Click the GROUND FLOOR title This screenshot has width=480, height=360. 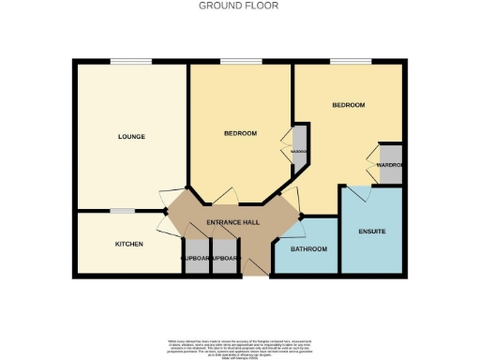(x=239, y=6)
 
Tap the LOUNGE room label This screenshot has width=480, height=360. (x=131, y=137)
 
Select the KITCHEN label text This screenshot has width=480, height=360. (x=128, y=244)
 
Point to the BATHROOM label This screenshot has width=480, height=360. (x=308, y=248)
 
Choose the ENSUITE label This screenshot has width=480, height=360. (x=372, y=231)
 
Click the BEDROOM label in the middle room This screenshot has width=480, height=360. (x=240, y=133)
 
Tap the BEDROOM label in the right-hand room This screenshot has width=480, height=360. (x=348, y=105)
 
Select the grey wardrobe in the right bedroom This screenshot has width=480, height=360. (x=390, y=165)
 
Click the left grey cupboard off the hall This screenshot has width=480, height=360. (x=196, y=259)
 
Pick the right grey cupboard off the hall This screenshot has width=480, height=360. (x=226, y=259)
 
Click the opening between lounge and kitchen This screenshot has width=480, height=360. (x=122, y=211)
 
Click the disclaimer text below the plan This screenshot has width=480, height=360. (x=239, y=347)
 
